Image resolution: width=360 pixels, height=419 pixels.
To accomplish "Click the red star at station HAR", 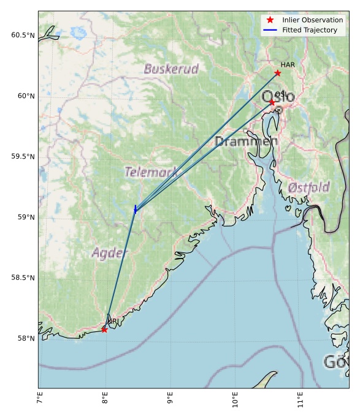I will (278, 73).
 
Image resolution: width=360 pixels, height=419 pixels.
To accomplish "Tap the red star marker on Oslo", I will (272, 102).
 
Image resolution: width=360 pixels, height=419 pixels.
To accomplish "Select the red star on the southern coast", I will (104, 330).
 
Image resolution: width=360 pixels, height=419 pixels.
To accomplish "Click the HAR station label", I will (288, 64).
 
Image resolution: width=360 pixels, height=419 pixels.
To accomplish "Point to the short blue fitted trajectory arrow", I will (135, 209).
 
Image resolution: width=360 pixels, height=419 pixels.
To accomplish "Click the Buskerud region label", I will (171, 69).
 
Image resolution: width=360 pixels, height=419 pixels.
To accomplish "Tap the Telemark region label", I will (151, 172).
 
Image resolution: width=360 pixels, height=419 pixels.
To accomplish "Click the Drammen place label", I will (246, 142).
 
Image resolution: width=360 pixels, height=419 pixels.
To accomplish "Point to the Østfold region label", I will (308, 187).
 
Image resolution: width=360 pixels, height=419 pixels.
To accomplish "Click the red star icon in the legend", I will (270, 20).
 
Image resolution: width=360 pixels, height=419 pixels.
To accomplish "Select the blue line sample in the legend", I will (270, 30).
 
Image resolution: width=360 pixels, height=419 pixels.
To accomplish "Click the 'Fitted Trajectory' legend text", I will (310, 30).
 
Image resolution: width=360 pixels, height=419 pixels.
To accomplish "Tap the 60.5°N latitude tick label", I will (23, 36).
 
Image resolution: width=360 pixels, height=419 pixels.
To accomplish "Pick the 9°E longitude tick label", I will (170, 399).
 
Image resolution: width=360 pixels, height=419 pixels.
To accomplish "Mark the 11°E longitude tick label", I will (300, 400).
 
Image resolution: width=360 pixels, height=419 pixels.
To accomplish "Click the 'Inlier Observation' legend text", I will (312, 20).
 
